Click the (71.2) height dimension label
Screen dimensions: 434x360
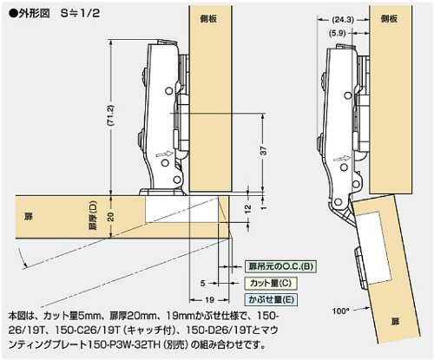(x=110, y=115)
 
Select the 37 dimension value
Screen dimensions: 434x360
(x=264, y=151)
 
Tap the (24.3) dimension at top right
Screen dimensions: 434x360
(x=343, y=20)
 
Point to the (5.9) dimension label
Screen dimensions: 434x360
(x=338, y=33)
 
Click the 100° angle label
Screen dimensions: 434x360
(x=341, y=311)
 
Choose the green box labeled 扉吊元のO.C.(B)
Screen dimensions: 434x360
(x=280, y=266)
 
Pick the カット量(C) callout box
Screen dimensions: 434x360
(x=271, y=283)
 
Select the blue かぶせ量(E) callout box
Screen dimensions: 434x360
(x=271, y=299)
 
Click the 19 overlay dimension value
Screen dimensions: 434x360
(x=209, y=300)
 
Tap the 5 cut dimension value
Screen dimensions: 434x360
(x=202, y=283)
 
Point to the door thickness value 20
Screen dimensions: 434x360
(x=110, y=217)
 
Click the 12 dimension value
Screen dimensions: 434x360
(x=248, y=209)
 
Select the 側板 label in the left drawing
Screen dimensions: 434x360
(x=208, y=19)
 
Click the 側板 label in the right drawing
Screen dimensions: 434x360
(x=390, y=19)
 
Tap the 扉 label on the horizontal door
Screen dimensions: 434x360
(x=29, y=217)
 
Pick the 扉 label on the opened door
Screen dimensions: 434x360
(x=395, y=321)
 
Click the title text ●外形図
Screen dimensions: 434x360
(x=30, y=13)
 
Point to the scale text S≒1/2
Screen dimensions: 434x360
(x=81, y=13)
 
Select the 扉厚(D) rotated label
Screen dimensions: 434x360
(x=93, y=215)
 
